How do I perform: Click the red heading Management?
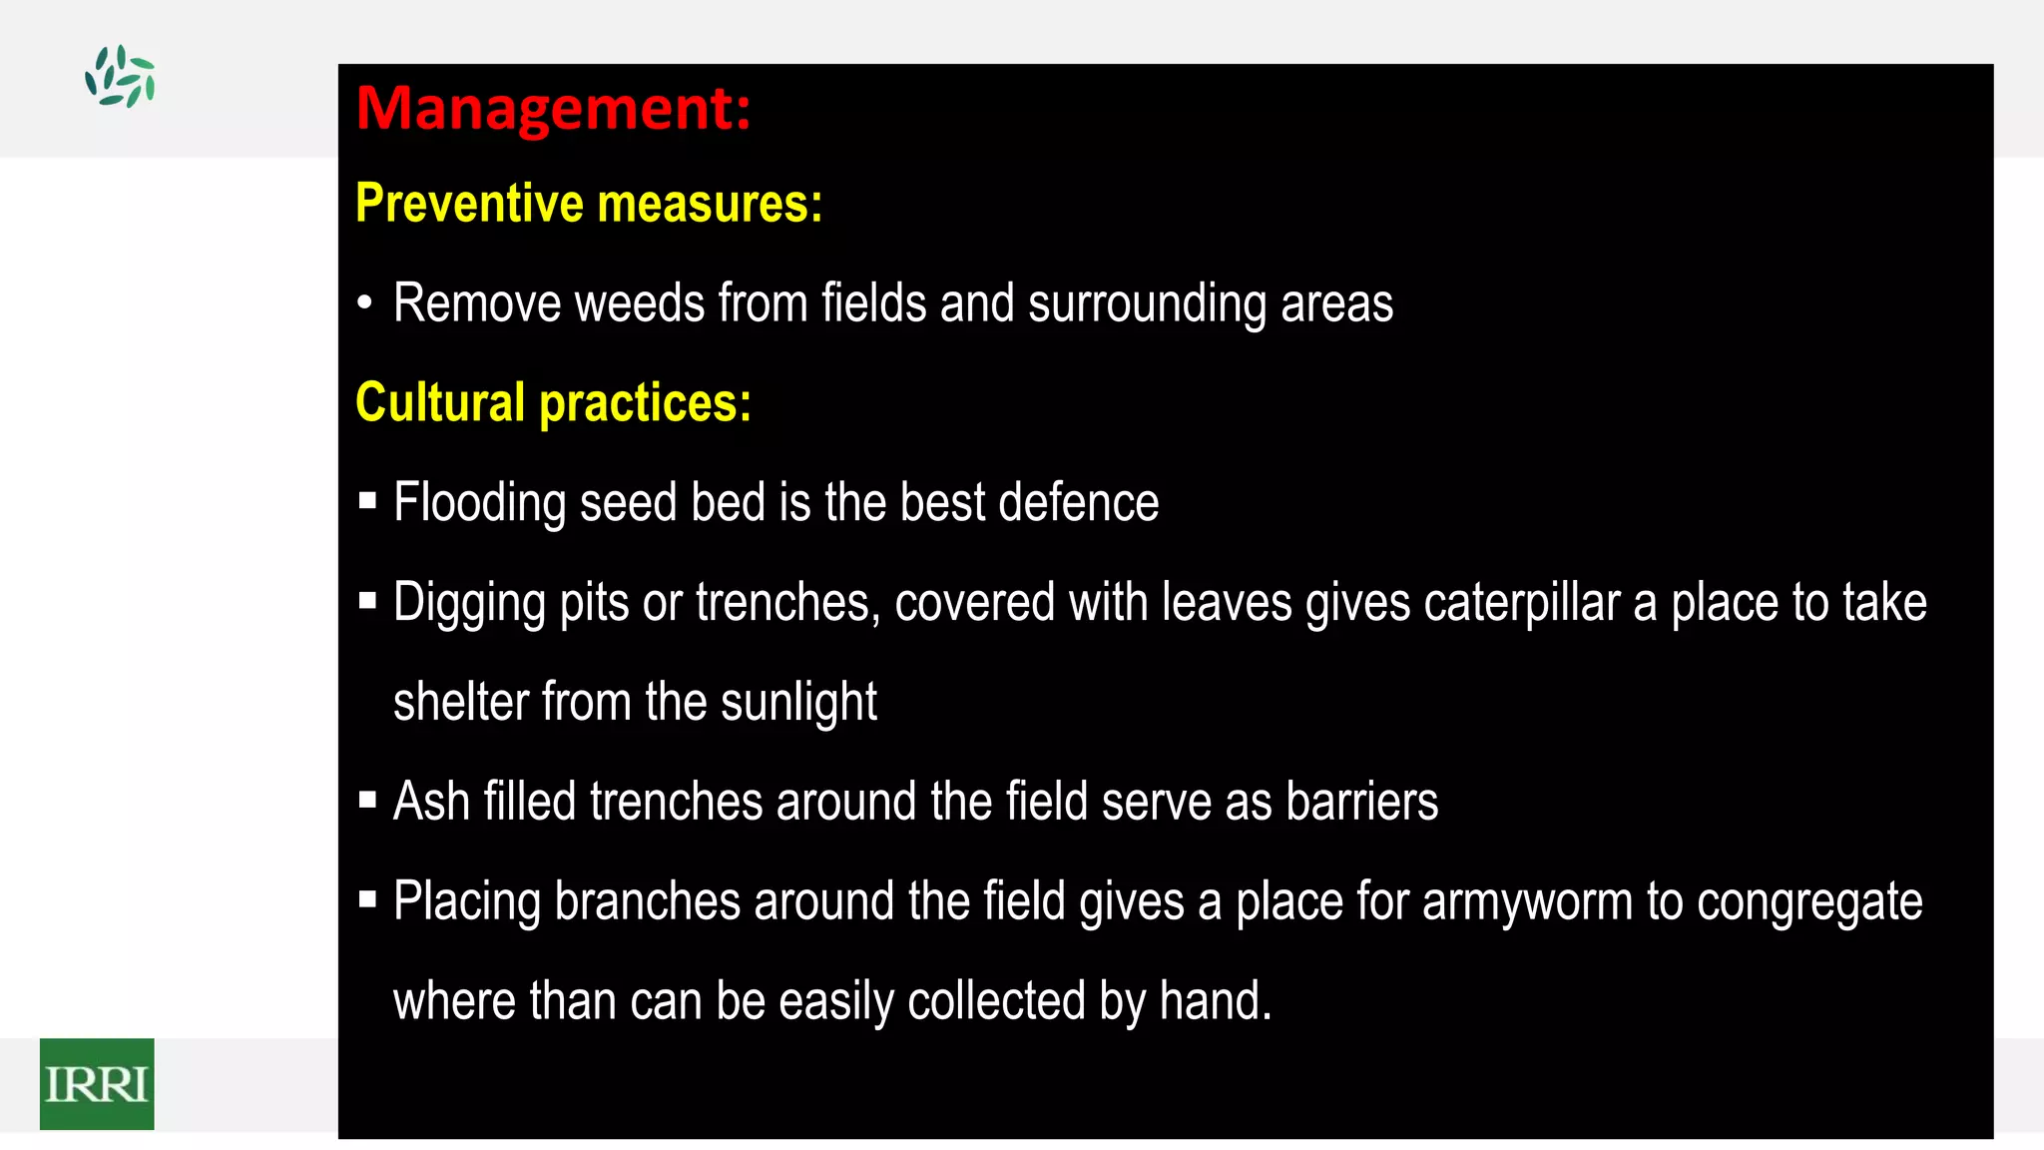[x=553, y=109]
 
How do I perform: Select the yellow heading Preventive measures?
[x=589, y=204]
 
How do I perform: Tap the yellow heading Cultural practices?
[x=553, y=403]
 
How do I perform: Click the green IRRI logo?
[x=97, y=1084]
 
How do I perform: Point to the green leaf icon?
[x=120, y=76]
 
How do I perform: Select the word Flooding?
[x=480, y=503]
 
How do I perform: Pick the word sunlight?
[x=798, y=703]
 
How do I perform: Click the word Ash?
[x=431, y=802]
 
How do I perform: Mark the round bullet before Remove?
[x=365, y=302]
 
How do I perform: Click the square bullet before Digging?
[x=367, y=601]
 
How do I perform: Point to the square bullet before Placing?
[x=367, y=900]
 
